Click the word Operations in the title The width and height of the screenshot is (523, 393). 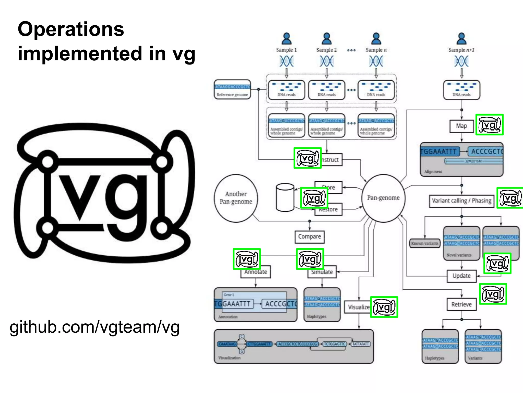(71, 29)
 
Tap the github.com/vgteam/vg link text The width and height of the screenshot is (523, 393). (94, 327)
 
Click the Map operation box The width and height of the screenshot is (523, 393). (461, 126)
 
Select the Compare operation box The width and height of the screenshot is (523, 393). (309, 237)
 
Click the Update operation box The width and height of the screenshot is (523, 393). (461, 276)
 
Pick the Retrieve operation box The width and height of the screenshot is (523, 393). (461, 304)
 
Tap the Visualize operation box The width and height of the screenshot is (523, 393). (358, 307)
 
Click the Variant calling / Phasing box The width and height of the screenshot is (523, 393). (461, 201)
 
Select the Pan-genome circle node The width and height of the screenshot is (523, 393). (383, 198)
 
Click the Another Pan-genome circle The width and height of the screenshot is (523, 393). (236, 198)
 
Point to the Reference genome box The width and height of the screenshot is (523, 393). (232, 90)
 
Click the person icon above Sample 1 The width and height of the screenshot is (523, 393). (287, 39)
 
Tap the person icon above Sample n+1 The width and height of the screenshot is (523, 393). (461, 39)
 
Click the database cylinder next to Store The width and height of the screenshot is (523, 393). (285, 198)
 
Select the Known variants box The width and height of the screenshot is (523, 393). (424, 243)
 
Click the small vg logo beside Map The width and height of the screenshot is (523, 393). (489, 125)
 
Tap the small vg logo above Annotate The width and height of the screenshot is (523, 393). (247, 259)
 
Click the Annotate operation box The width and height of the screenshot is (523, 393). (255, 272)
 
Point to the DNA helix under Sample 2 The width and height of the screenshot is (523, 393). (326, 61)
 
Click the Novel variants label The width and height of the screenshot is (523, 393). (459, 255)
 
